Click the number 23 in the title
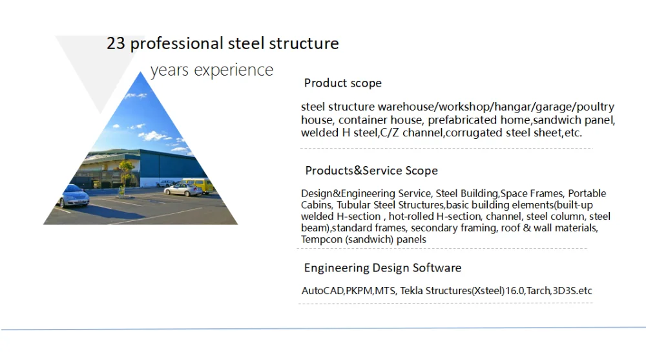(116, 43)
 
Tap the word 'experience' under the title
(234, 70)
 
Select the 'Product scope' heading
(343, 83)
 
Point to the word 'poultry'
(596, 107)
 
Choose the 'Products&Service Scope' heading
(371, 171)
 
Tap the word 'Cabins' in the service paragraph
(316, 205)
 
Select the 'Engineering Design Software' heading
(382, 268)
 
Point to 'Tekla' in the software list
(411, 291)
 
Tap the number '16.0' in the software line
(515, 291)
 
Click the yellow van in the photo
(197, 185)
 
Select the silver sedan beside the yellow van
(183, 189)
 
